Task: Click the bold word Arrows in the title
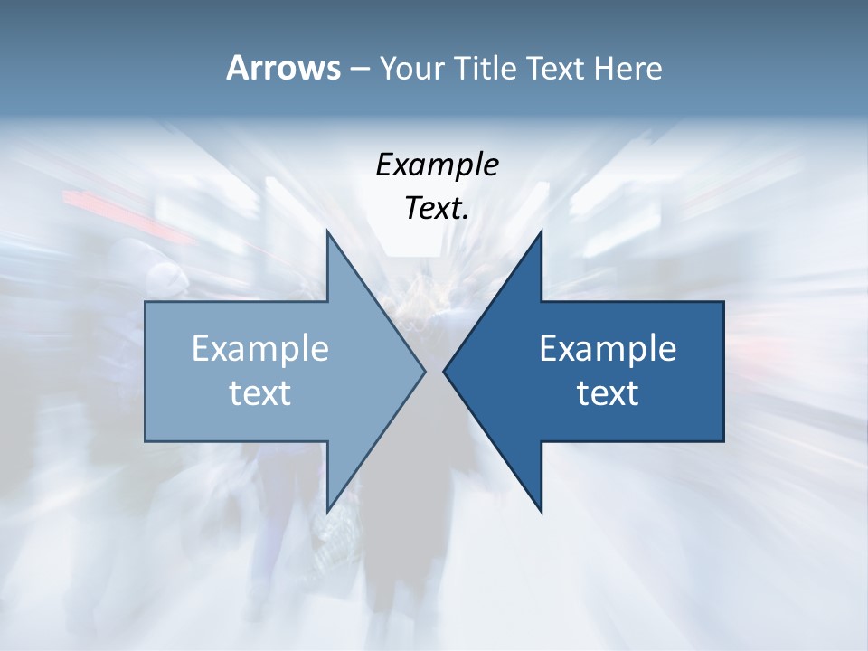coord(283,68)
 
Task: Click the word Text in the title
coord(558,69)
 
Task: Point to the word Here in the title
coord(628,69)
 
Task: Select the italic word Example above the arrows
coord(437,165)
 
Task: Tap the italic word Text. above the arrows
coord(437,208)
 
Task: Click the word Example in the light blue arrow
coord(260,349)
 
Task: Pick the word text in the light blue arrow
coord(260,392)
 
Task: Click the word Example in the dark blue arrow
coord(608,349)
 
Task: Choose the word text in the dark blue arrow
coord(608,392)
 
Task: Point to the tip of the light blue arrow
coord(425,371)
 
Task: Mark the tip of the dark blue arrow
coord(444,371)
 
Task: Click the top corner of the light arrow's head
coord(327,231)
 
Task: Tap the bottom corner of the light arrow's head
coord(327,512)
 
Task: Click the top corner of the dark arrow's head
coord(541,231)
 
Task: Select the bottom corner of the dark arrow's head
coord(541,512)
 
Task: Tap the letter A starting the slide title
coord(237,68)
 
